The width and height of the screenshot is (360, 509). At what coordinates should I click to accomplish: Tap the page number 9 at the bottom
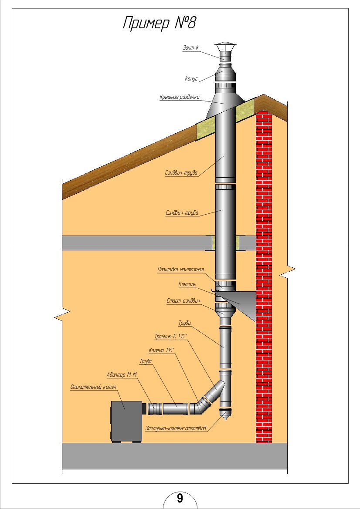(x=180, y=498)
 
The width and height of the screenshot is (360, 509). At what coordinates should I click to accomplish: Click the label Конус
(x=191, y=79)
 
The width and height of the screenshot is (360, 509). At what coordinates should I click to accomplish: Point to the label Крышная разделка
(x=179, y=97)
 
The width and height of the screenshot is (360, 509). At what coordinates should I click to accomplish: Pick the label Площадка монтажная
(x=180, y=270)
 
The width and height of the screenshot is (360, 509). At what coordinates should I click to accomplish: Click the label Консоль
(x=187, y=284)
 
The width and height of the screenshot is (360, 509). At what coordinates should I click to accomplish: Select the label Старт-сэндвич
(x=183, y=301)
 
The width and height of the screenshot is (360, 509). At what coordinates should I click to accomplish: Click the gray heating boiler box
(x=126, y=420)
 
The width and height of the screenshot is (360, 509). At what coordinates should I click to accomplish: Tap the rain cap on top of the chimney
(x=225, y=47)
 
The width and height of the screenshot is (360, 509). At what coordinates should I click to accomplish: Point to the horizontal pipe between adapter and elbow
(x=175, y=409)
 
